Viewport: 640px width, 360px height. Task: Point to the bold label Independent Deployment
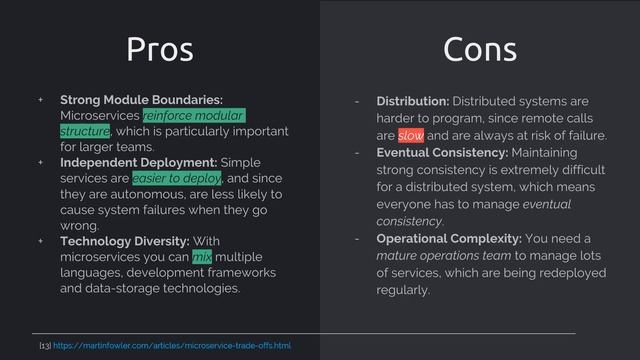(x=138, y=162)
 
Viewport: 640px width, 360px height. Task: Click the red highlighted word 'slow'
(x=410, y=135)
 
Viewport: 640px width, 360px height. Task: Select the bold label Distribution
(x=412, y=102)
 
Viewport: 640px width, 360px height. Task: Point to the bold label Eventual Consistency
(x=441, y=153)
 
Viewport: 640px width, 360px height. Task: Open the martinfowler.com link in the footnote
(x=171, y=346)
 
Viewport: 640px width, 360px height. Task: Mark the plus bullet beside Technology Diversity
(x=41, y=241)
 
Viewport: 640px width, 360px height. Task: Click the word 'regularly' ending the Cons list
(x=402, y=291)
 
